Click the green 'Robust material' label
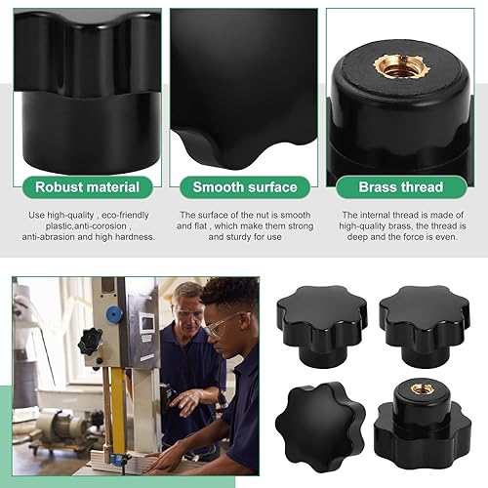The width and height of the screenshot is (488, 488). click(x=88, y=187)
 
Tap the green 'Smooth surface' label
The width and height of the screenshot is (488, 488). click(x=245, y=187)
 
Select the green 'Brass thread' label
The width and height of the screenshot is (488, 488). click(x=401, y=187)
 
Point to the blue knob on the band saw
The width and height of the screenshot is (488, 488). click(x=115, y=314)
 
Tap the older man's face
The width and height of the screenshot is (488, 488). click(x=187, y=310)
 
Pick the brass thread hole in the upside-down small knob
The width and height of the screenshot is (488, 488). click(x=418, y=388)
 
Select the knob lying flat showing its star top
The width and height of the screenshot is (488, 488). click(x=320, y=426)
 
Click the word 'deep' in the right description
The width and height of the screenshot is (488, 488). click(x=357, y=237)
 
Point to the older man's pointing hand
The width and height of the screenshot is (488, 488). click(x=184, y=400)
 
